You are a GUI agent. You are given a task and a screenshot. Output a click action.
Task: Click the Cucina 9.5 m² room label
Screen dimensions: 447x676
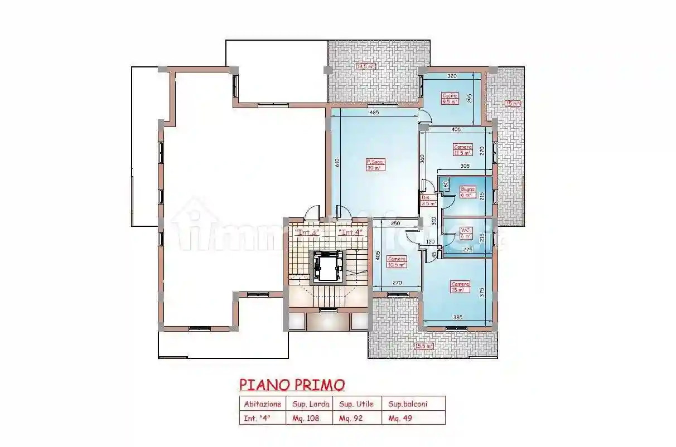click(450, 99)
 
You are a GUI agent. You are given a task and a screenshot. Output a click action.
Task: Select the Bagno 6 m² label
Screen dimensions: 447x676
click(466, 192)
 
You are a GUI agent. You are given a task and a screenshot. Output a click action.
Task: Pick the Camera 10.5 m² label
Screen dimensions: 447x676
click(397, 262)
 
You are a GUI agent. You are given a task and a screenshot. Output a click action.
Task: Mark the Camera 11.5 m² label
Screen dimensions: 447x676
click(463, 149)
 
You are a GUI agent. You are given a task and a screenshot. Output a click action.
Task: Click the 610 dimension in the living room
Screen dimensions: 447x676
click(337, 163)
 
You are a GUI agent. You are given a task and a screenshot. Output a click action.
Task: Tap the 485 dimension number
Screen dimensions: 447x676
click(374, 113)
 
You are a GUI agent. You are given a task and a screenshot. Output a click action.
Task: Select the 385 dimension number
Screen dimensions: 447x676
click(458, 318)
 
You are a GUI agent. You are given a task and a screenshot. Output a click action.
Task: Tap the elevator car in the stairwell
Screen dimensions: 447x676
click(327, 266)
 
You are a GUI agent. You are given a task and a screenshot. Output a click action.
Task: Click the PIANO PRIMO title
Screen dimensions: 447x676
click(292, 385)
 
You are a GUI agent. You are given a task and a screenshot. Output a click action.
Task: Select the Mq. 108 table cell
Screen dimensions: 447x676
click(306, 418)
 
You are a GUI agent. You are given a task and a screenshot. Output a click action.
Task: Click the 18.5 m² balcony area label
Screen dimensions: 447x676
click(366, 66)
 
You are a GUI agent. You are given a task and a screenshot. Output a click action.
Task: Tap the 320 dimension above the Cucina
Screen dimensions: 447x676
click(452, 76)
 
